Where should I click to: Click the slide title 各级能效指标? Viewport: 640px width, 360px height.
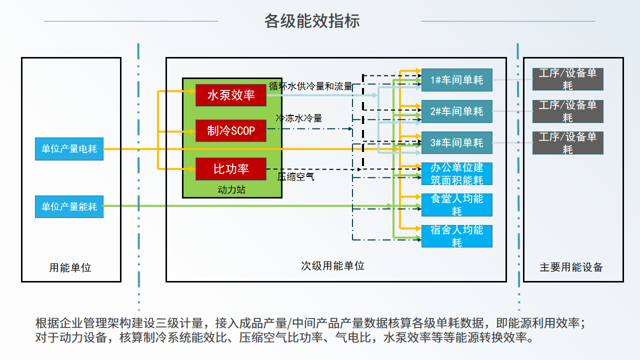click(311, 21)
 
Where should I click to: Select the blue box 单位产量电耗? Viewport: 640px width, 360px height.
click(69, 149)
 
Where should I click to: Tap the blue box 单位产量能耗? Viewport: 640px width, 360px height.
click(69, 206)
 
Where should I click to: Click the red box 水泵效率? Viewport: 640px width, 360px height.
click(231, 95)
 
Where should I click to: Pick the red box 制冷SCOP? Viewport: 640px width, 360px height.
click(231, 130)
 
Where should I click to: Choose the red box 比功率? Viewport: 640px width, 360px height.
click(231, 169)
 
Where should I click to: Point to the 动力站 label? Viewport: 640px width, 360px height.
click(231, 189)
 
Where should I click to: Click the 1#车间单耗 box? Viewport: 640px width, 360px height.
click(457, 80)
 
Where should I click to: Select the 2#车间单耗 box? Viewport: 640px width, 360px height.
click(457, 111)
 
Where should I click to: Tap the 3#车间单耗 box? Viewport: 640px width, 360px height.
click(457, 142)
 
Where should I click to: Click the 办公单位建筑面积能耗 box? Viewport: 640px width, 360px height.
click(457, 173)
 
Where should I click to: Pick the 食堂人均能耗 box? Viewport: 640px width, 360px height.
click(457, 205)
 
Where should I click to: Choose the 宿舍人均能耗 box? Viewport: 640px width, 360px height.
click(457, 236)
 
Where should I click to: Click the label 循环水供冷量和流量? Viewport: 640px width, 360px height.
click(311, 86)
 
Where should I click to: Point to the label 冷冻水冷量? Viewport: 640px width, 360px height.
click(299, 118)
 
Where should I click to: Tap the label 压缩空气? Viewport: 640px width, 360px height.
click(295, 176)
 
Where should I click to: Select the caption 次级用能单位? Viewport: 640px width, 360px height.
click(333, 265)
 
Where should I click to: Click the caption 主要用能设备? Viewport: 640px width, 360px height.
click(571, 267)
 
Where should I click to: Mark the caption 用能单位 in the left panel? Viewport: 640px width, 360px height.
click(70, 267)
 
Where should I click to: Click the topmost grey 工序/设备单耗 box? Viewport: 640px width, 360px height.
click(567, 79)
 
